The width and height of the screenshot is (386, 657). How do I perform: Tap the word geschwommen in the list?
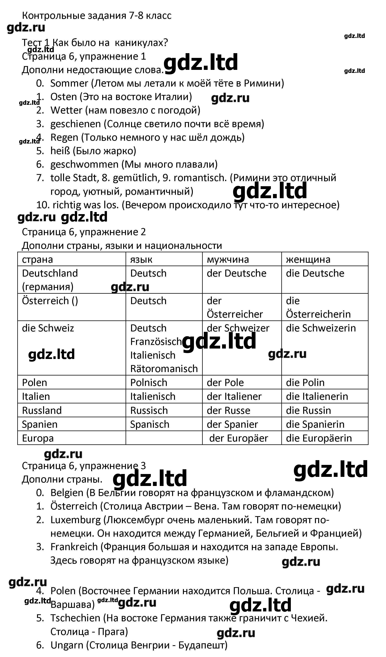pos(84,165)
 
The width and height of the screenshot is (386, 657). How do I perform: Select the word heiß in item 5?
pos(60,151)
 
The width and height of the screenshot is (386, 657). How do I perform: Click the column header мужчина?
pos(228,260)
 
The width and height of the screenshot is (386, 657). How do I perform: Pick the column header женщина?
pos(308,260)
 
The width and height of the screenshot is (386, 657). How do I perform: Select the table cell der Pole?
pos(225,383)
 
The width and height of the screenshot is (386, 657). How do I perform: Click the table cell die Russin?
pos(308,411)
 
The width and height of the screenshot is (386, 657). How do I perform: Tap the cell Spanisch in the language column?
pos(149,424)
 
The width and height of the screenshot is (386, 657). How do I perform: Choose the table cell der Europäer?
pos(238,438)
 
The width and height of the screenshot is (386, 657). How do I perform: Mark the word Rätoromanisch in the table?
pos(164,369)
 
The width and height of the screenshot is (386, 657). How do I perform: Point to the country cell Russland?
pos(42,411)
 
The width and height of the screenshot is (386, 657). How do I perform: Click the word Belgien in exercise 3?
pos(67,493)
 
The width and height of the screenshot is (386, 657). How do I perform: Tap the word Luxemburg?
pos(75,520)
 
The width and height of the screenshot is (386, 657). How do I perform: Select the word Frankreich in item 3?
pos(74,547)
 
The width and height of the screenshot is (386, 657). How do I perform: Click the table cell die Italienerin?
pos(317,397)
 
